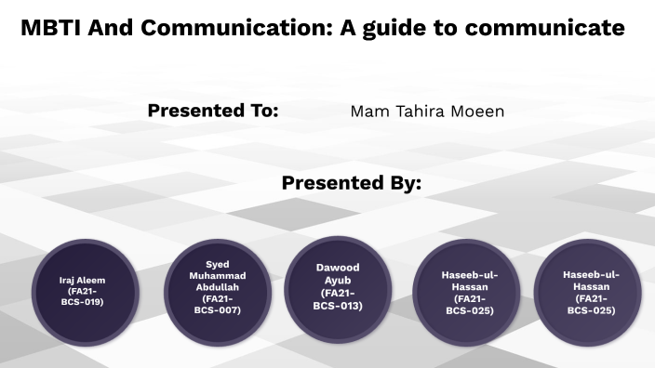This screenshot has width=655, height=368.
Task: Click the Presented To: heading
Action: tap(213, 111)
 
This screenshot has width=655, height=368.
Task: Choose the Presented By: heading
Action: tap(352, 183)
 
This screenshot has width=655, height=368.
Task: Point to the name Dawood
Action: tap(338, 268)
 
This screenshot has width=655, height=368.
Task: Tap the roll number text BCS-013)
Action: tap(338, 306)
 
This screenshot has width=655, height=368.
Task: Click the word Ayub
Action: tap(338, 280)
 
